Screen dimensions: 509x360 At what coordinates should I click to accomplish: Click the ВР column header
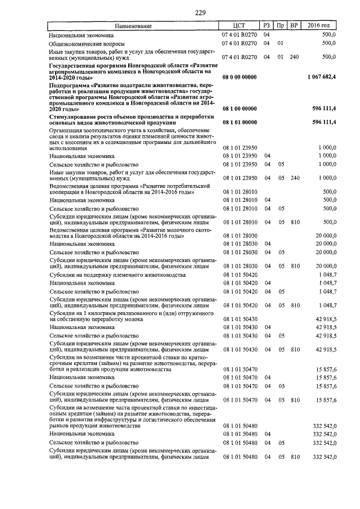pos(294,26)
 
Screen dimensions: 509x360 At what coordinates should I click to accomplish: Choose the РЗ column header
pos(267,26)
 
